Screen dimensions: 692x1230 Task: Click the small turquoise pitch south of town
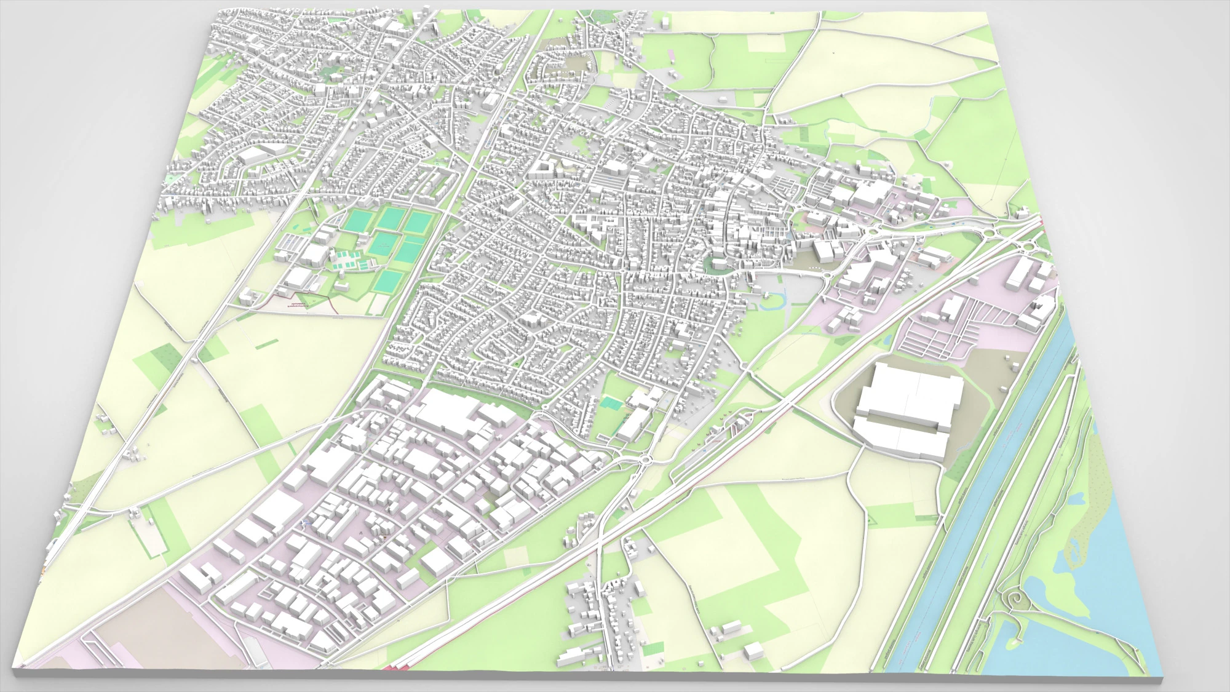point(611,403)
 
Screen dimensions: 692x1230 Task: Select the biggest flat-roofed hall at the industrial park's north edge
point(452,412)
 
